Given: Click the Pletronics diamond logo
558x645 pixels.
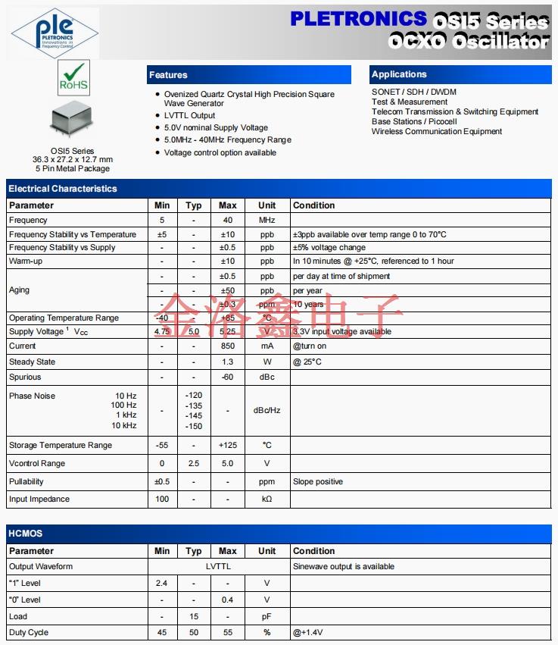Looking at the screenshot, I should click(55, 33).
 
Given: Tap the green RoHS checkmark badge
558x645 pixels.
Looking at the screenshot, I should click(73, 78).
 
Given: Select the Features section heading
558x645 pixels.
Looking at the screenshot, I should click(168, 75).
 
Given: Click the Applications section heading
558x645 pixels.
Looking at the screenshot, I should click(399, 74).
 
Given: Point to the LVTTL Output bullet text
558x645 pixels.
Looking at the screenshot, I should click(189, 115).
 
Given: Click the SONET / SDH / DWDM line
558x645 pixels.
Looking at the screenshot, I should click(414, 92).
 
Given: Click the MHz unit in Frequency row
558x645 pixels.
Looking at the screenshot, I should click(267, 220).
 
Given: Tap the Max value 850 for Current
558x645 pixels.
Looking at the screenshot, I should click(227, 346).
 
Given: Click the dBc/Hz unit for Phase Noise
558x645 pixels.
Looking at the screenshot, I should click(267, 410).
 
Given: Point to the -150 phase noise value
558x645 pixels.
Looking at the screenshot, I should click(194, 426).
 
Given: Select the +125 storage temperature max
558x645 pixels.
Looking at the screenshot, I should click(227, 445).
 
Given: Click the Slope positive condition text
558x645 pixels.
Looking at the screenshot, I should click(318, 481).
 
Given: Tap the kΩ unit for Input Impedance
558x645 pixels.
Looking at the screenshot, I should click(267, 499).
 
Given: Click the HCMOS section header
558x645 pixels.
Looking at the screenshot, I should click(26, 534).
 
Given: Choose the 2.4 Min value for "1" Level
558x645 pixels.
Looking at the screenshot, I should click(161, 583).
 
